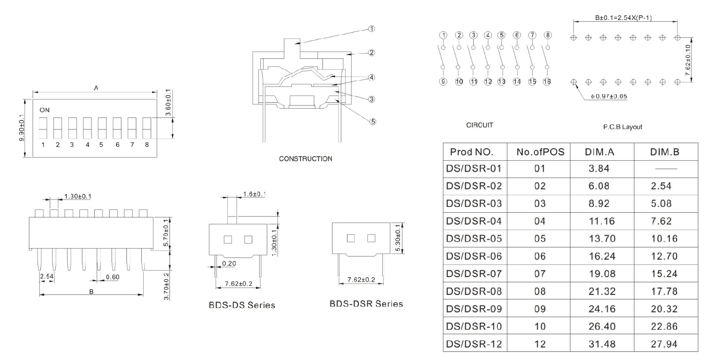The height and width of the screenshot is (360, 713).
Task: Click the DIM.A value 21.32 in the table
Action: pos(602,291)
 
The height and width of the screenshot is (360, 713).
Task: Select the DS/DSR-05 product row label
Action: pos(474,239)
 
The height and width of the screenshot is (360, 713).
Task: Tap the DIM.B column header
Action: pos(665,152)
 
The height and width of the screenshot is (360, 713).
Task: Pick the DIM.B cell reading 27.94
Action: pos(664,344)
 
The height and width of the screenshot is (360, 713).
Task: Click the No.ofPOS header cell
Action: pos(540,152)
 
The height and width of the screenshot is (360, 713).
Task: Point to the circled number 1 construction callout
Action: pos(371,29)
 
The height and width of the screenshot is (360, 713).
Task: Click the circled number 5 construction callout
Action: pos(373,121)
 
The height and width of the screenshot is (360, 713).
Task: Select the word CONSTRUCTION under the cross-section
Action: pos(305,159)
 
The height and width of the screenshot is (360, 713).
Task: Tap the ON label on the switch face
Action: pos(44,110)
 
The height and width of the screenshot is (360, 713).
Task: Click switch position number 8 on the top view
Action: pos(147,145)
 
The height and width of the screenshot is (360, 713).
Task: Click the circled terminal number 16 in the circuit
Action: pos(547,82)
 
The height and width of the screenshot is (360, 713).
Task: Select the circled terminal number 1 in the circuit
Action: pos(443,35)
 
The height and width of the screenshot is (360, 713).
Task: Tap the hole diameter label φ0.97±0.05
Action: pos(609,96)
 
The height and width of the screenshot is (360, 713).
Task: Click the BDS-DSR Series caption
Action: pos(366,304)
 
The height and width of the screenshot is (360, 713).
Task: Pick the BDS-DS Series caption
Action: pos(241,305)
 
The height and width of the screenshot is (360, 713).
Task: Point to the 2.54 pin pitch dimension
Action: pos(46,276)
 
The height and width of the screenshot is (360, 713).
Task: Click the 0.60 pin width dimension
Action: pos(112,277)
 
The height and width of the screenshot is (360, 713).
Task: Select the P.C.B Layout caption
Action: pos(622,127)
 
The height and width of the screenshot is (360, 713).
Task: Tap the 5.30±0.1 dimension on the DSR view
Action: pos(398,238)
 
